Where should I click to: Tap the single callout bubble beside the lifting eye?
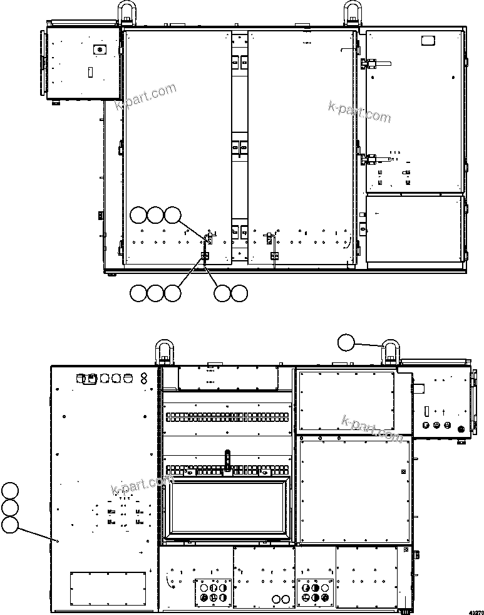(x=346, y=342)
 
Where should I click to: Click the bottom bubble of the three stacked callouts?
(x=9, y=525)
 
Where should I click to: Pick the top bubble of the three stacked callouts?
(x=9, y=490)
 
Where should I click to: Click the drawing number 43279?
(x=475, y=609)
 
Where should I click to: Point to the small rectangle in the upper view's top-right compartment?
(x=428, y=41)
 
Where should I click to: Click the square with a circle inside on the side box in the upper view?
(x=97, y=49)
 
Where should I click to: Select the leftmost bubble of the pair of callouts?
(x=222, y=292)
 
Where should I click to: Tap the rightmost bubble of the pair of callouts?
(x=239, y=292)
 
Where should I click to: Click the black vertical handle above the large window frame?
(x=228, y=459)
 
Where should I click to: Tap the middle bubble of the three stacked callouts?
(x=9, y=508)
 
